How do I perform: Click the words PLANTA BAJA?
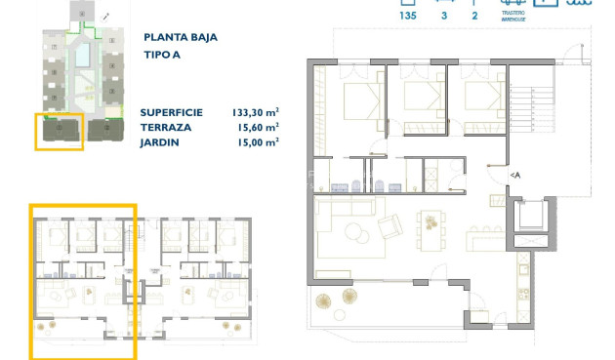click(x=181, y=37)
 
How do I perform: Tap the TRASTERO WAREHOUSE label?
click(x=514, y=15)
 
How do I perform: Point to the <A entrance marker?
click(x=514, y=175)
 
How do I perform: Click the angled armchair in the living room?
click(x=389, y=227)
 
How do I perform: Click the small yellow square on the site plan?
click(x=60, y=131)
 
